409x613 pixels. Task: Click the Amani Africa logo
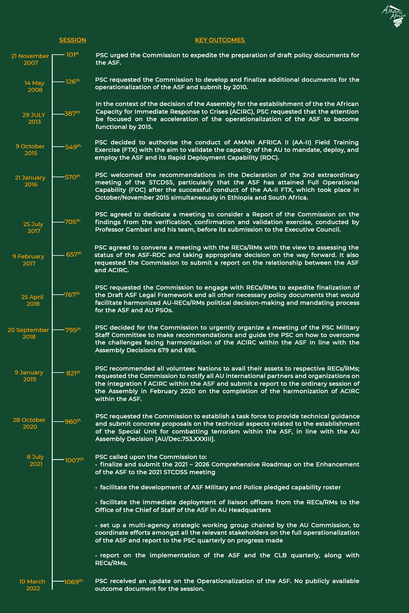coord(393,16)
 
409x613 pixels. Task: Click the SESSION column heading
coord(73,40)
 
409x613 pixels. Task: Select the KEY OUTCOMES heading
coord(220,40)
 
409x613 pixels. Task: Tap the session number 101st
coord(73,55)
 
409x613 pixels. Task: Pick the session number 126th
coord(73,82)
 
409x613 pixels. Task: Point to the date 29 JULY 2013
coord(34,118)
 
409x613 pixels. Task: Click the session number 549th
coord(73,147)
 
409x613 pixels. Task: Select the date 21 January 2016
coord(30,181)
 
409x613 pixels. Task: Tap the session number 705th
coord(72,222)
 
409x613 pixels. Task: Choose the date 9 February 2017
coord(29,260)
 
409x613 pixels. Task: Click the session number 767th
coord(72,294)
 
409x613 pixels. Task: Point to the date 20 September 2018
coord(28,333)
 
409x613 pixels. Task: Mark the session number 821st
coord(73,373)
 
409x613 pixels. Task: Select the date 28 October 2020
coord(29,423)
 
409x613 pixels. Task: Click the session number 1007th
coord(74,460)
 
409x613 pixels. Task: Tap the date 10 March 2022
coord(32,585)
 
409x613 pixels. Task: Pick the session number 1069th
coord(73,582)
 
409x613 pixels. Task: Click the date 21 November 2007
coord(30,59)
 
